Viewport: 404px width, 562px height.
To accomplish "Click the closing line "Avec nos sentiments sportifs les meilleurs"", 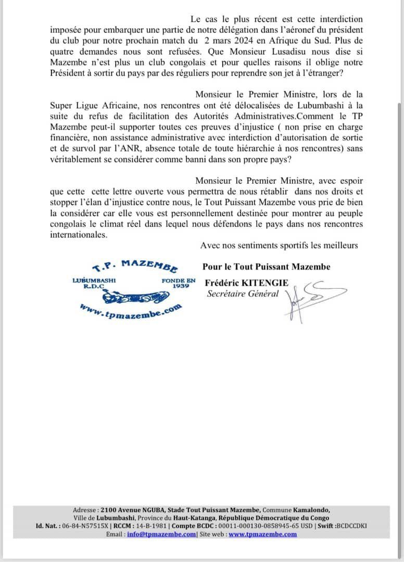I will coord(279,245).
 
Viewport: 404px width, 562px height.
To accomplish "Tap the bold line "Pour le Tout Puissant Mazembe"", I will coord(266,267).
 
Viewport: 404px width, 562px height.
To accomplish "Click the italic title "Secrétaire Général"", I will coord(243,293).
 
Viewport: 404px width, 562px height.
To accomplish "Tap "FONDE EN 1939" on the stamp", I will coord(178,283).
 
